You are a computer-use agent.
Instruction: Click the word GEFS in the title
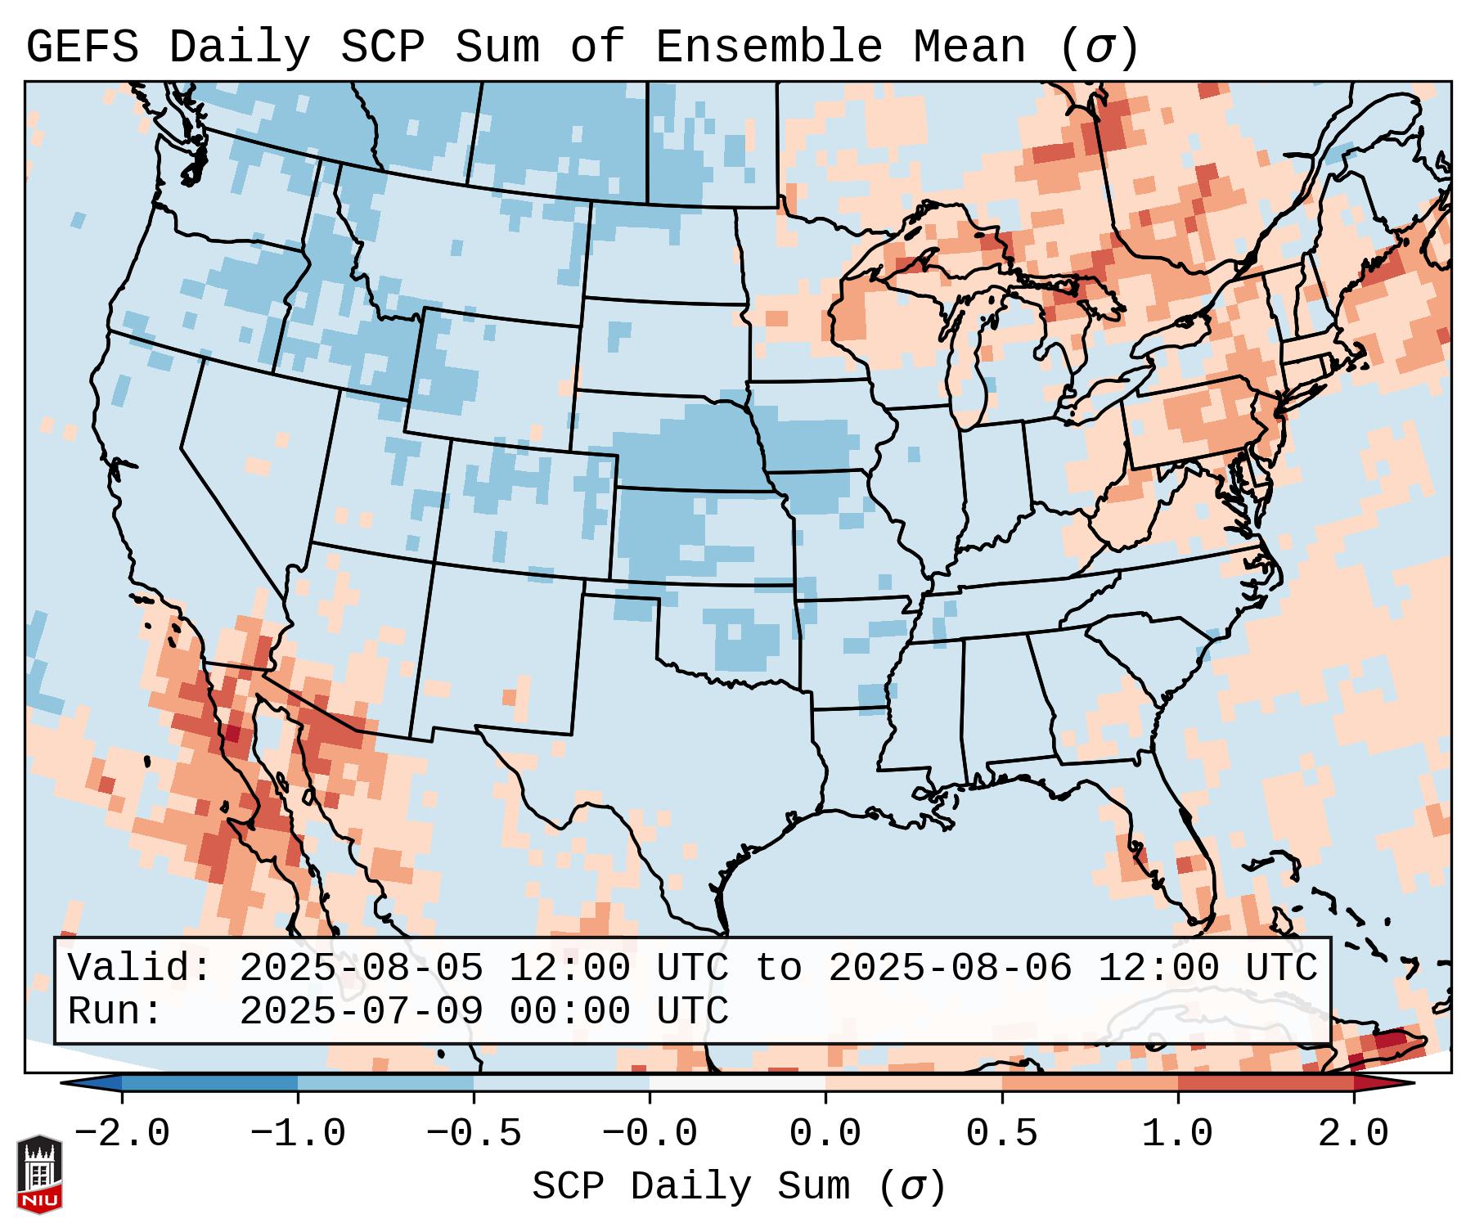82,47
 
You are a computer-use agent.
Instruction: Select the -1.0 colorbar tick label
297,1134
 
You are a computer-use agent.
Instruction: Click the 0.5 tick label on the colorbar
1001,1134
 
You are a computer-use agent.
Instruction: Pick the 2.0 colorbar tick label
1353,1134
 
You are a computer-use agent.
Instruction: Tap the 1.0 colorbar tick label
1177,1134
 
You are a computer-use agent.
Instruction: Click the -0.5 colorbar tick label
474,1134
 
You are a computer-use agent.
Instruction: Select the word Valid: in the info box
140,969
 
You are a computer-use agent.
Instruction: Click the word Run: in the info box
115,1012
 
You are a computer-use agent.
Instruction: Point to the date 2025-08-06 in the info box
950,969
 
